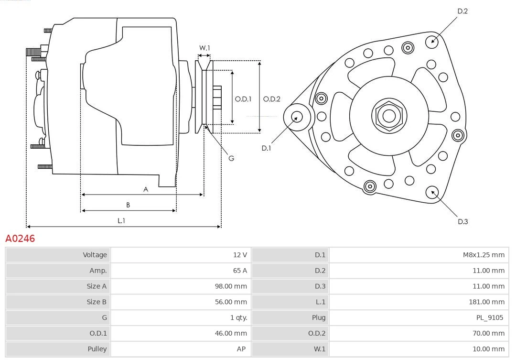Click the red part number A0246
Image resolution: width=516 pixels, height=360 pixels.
(x=20, y=238)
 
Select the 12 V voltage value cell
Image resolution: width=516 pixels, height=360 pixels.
(x=240, y=255)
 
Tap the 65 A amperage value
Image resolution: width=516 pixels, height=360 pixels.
(x=240, y=271)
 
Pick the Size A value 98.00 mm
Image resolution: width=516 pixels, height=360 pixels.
(x=231, y=286)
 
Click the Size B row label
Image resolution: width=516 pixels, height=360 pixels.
(x=97, y=302)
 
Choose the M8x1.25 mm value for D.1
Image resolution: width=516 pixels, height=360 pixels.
(x=484, y=255)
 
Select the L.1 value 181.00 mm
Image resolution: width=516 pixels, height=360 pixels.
(x=486, y=302)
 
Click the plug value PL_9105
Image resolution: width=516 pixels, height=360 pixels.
(x=490, y=317)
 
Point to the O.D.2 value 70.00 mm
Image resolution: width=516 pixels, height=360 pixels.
(x=488, y=333)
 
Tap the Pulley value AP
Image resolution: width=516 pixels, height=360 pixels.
(x=241, y=349)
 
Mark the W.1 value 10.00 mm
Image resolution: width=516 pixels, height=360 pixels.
(x=488, y=349)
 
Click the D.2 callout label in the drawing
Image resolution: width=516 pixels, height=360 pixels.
(x=462, y=11)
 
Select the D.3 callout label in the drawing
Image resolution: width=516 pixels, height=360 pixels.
(x=462, y=221)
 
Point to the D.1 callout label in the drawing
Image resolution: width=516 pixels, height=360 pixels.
(x=266, y=148)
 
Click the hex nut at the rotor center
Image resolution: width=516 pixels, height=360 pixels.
(x=389, y=116)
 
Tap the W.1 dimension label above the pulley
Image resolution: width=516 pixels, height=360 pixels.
(x=204, y=48)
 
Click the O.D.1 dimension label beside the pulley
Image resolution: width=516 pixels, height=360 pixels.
(x=243, y=99)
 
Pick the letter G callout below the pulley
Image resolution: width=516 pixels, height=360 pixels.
(x=231, y=158)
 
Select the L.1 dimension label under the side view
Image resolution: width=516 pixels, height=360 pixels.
(x=121, y=220)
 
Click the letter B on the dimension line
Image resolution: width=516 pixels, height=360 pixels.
(x=128, y=205)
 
